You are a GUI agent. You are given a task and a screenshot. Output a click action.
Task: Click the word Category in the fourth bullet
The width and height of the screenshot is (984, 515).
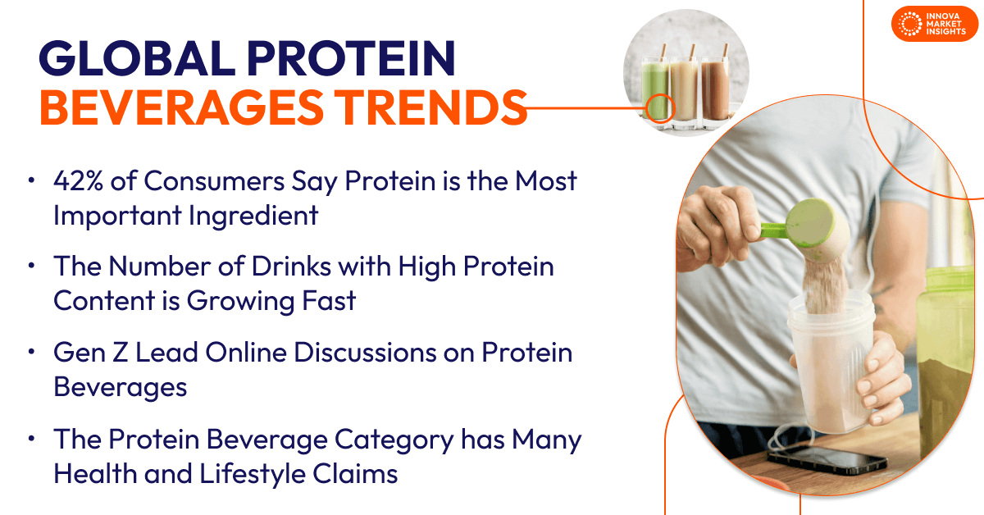[x=390, y=440]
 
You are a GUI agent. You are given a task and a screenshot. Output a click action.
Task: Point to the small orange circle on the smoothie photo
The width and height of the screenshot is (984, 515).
[x=659, y=107]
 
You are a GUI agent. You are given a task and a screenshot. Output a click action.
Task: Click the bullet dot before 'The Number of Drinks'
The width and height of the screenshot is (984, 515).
[x=31, y=267]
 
